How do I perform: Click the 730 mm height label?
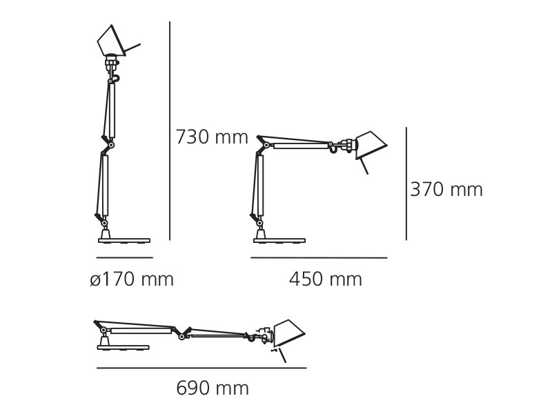tap(211, 137)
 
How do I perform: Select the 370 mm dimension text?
tap(446, 190)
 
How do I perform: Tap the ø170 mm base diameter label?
tap(132, 279)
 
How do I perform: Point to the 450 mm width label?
tap(325, 279)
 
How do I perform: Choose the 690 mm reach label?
tap(213, 388)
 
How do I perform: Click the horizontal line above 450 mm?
tap(319, 258)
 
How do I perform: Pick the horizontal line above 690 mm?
tap(201, 368)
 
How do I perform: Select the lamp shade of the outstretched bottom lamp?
tap(288, 333)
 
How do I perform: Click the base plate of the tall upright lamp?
tap(124, 240)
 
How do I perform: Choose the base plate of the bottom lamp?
tap(123, 347)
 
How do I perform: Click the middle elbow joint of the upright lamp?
tap(110, 144)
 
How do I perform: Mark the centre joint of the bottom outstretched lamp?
tap(182, 335)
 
